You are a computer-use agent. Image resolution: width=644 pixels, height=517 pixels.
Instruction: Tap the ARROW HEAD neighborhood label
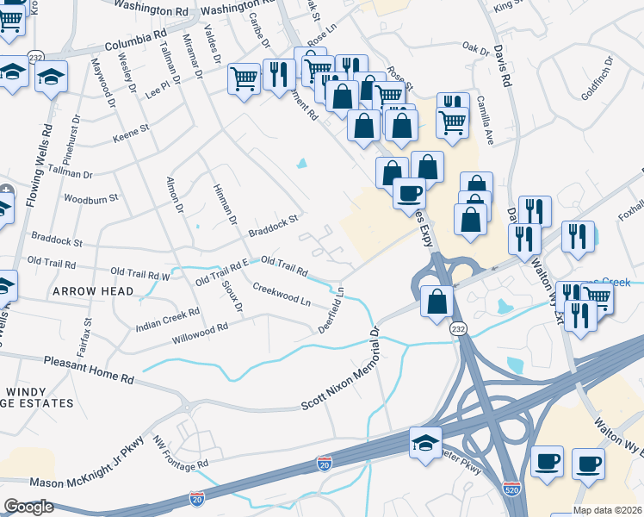(x=93, y=292)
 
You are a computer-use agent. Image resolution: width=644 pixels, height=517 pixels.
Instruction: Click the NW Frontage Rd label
(x=182, y=454)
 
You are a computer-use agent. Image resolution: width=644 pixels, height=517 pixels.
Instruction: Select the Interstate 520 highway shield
(x=511, y=489)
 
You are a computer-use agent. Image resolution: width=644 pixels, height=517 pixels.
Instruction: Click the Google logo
(x=28, y=507)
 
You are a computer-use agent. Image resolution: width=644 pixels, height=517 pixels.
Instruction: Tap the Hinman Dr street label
(x=224, y=204)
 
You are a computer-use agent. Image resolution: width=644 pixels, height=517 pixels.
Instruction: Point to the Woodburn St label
(x=90, y=199)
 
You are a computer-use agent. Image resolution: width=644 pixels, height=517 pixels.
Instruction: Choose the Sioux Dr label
(x=232, y=295)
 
